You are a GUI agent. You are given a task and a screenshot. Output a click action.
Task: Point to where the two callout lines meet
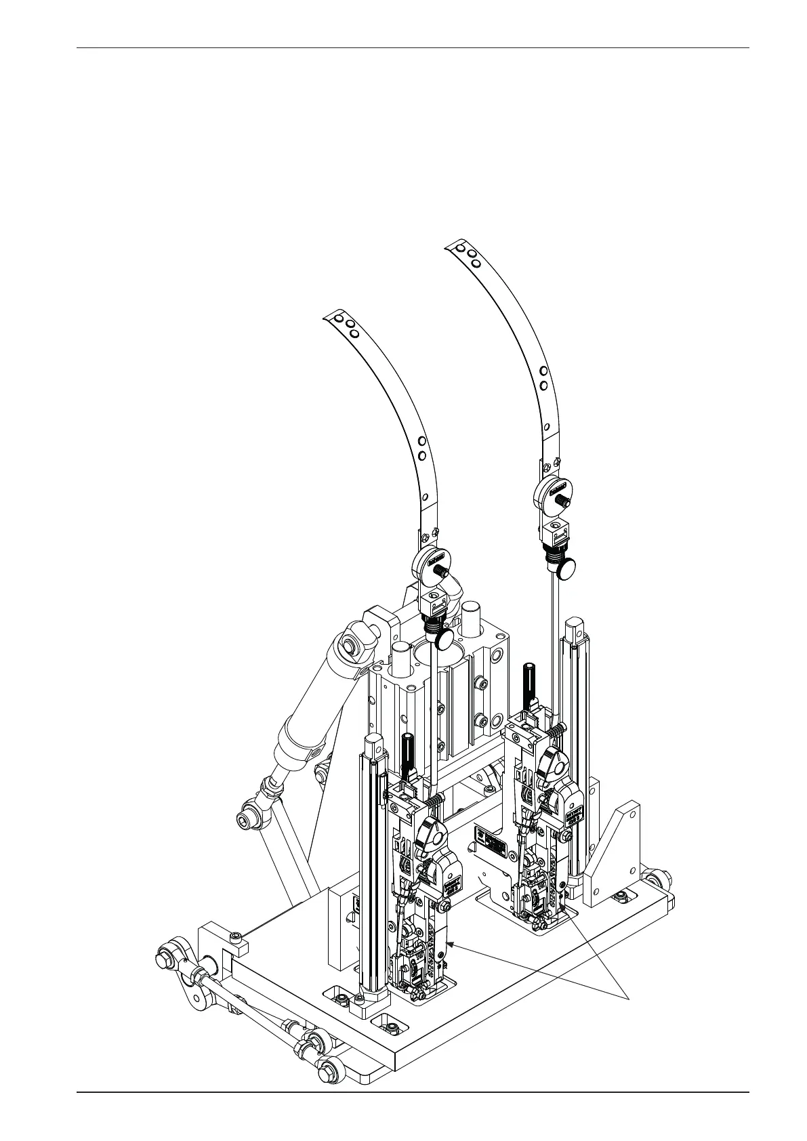[630, 996]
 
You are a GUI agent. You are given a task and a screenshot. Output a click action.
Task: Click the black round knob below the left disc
[444, 638]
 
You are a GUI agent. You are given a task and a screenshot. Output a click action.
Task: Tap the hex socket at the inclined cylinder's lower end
[245, 821]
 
